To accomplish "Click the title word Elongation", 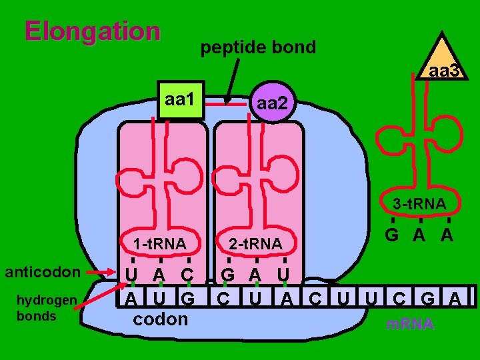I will tap(92, 31).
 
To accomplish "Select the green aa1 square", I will tap(179, 101).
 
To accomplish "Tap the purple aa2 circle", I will tap(272, 104).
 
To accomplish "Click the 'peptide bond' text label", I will tap(258, 48).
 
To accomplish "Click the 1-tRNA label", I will tap(159, 244).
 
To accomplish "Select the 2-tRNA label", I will tap(255, 244).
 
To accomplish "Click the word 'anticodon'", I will tap(43, 272).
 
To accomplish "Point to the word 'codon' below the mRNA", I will tap(161, 319).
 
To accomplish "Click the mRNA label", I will tap(410, 325).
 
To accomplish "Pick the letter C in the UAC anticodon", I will tap(186, 275).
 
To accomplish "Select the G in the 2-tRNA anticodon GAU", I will tap(228, 275).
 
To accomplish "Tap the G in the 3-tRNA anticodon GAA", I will tap(393, 235).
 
